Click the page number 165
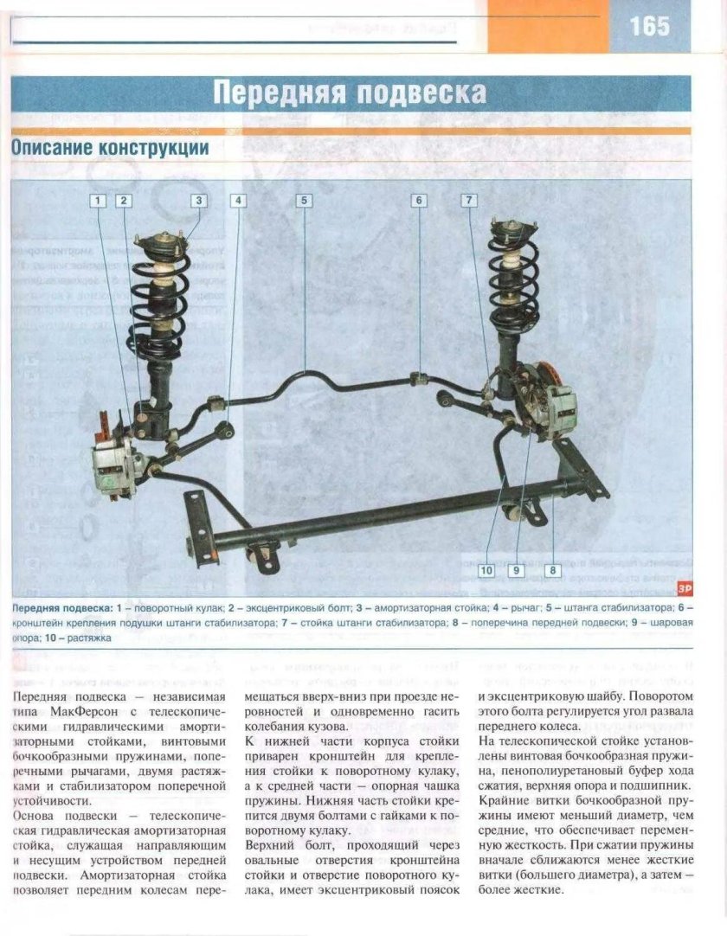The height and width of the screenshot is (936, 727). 649,26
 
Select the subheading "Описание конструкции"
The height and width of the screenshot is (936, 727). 110,148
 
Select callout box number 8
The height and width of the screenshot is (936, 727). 552,570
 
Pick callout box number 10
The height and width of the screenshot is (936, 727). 486,570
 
